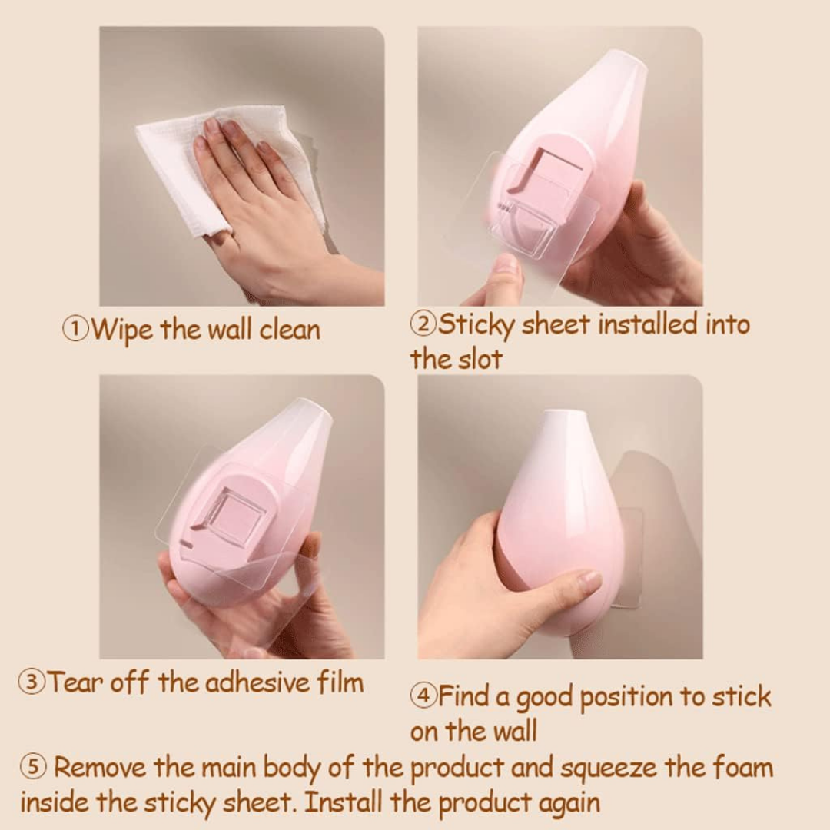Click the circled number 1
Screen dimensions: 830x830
coord(75,330)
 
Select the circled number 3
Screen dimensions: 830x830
coord(32,682)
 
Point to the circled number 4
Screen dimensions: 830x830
coord(423,696)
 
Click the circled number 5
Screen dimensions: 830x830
coord(32,767)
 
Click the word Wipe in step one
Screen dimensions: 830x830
coord(122,330)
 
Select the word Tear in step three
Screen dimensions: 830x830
coord(75,682)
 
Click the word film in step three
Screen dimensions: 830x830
coord(339,682)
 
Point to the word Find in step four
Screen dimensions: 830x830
coord(463,696)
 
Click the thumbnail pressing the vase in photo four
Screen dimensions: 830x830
coord(589,582)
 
